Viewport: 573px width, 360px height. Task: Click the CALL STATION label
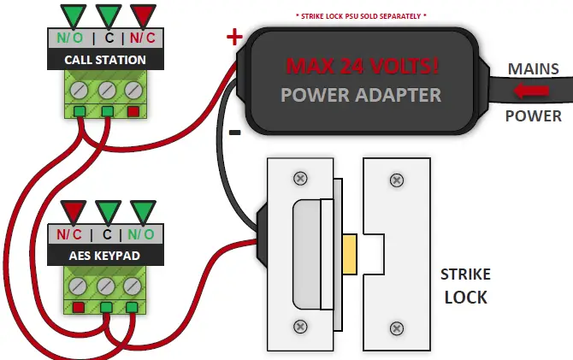[x=106, y=60]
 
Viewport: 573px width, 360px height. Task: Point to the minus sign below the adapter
[x=234, y=133]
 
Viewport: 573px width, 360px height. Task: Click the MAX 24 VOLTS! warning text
[x=363, y=65]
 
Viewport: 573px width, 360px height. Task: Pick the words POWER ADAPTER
[x=363, y=94]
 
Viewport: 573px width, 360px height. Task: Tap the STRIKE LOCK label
[x=465, y=286]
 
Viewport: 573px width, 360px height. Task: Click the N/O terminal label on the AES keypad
[x=142, y=233]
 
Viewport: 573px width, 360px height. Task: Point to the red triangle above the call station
[x=143, y=15]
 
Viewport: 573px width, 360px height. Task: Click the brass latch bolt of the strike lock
[x=349, y=254]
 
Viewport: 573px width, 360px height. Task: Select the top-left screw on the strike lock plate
[x=300, y=179]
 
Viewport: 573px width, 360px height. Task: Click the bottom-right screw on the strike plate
[x=396, y=327]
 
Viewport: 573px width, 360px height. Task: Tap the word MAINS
[x=534, y=68]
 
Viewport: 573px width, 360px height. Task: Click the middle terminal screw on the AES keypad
[x=106, y=285]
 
